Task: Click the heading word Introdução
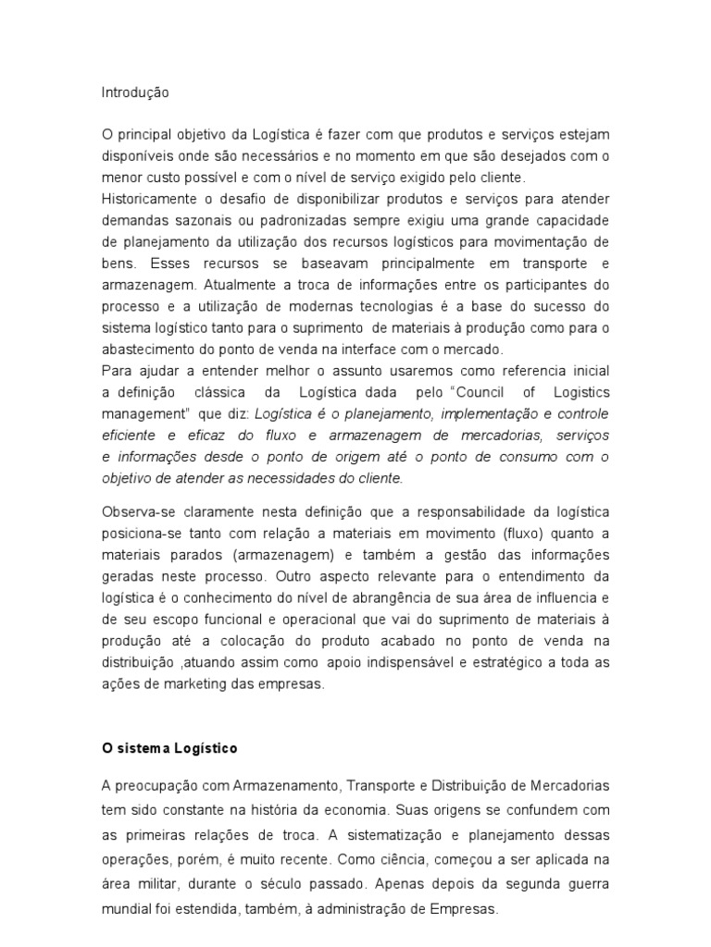pos(135,92)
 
